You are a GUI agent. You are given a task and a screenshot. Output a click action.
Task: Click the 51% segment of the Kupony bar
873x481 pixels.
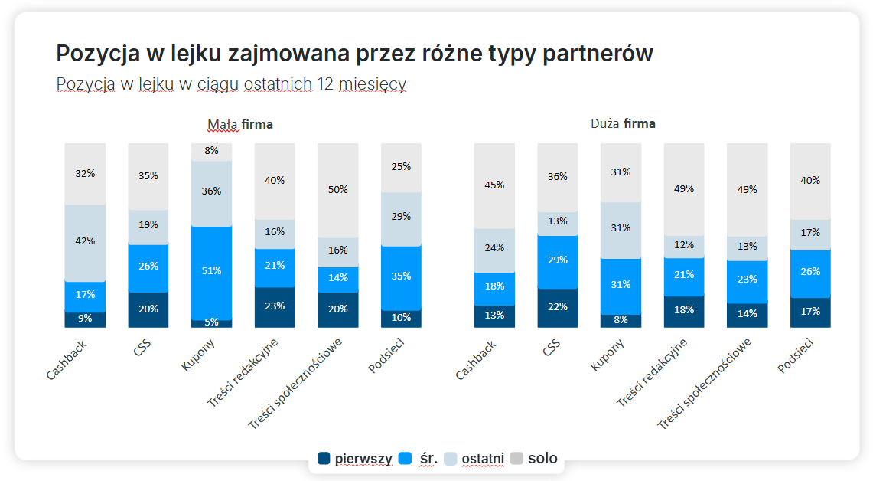click(212, 271)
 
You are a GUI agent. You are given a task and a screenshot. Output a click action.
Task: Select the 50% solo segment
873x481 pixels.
click(338, 189)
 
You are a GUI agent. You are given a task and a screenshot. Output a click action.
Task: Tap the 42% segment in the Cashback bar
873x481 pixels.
click(85, 241)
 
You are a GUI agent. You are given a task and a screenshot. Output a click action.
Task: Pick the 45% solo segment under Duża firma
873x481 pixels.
click(494, 185)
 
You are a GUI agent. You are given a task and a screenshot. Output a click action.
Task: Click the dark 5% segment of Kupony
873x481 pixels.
click(212, 322)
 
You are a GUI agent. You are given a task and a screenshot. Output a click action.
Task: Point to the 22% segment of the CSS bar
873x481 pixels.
click(558, 307)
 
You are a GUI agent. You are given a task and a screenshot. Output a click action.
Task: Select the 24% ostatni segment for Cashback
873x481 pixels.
click(494, 248)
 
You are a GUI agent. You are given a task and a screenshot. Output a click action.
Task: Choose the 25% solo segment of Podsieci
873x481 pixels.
click(401, 166)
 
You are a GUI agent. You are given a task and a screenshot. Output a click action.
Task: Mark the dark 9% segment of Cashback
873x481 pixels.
click(85, 319)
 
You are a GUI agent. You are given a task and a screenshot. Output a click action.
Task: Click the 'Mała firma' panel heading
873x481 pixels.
click(240, 124)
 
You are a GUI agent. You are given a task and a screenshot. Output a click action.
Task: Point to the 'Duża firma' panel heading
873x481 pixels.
click(623, 124)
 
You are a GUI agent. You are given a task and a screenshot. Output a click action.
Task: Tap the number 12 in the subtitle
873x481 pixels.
click(324, 84)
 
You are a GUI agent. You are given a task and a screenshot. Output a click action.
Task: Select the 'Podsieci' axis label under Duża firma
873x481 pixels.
click(795, 357)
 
